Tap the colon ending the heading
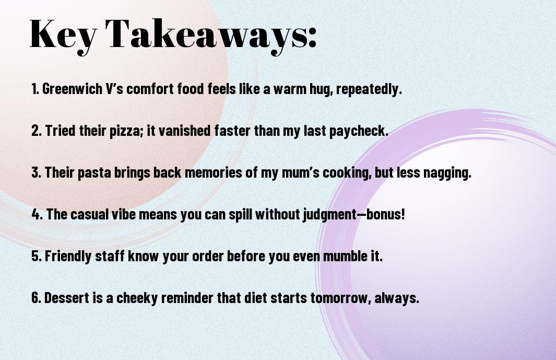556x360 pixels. [311, 38]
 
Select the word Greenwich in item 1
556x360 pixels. [73, 89]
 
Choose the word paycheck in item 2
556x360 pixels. [359, 131]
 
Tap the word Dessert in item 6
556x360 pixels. [67, 297]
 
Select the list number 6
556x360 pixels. [36, 297]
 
